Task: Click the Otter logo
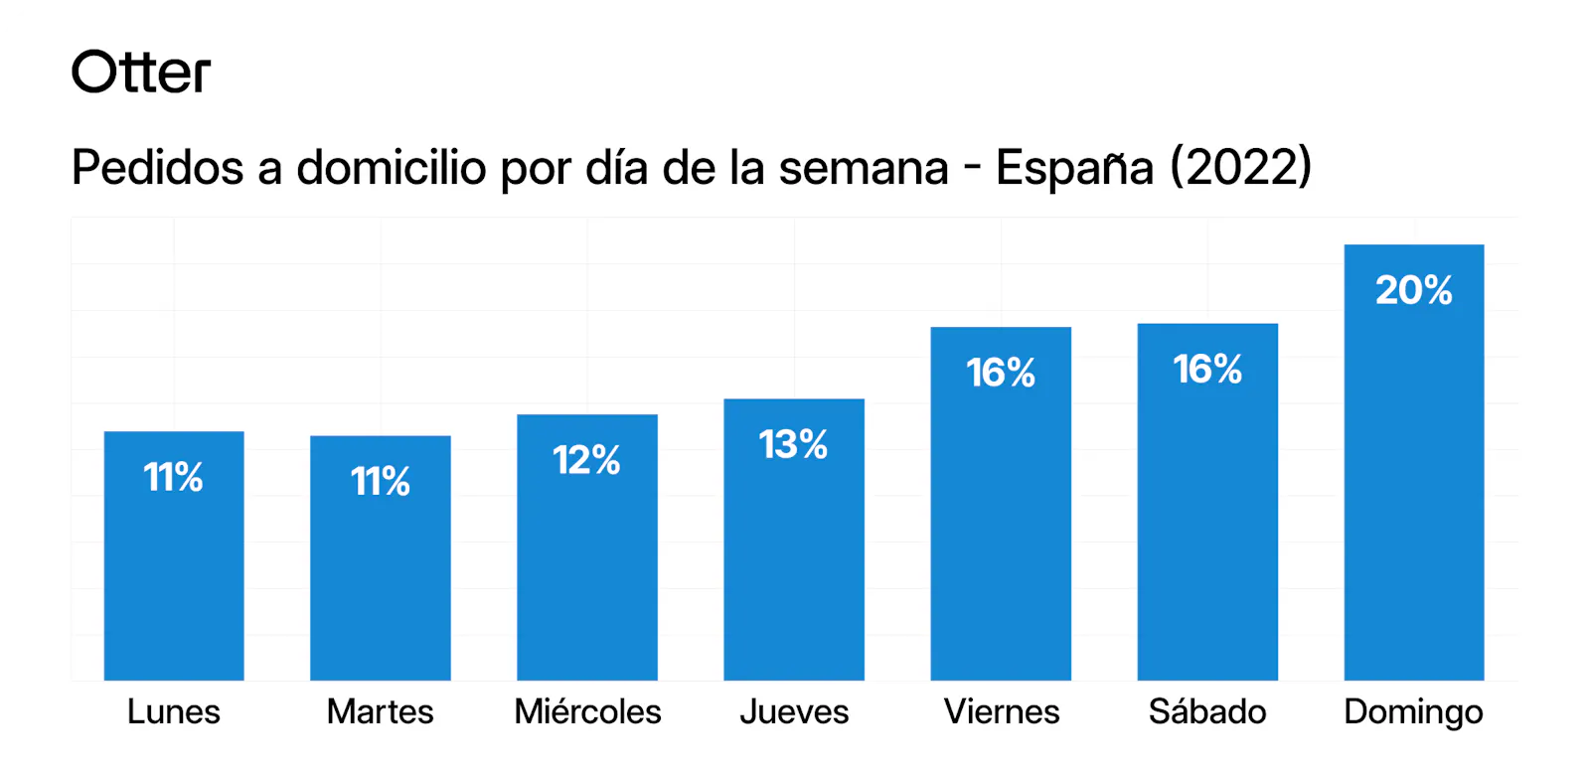[x=141, y=73]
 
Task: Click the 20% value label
[x=1414, y=290]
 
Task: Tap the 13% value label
[x=794, y=444]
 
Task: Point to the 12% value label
[x=587, y=460]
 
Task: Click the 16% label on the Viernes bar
[x=1001, y=373]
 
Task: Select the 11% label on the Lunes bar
[x=174, y=477]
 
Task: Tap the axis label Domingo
[x=1413, y=712]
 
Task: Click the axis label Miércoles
[x=587, y=711]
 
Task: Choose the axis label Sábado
[x=1207, y=711]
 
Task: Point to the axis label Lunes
[x=174, y=711]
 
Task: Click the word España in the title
[x=1074, y=167]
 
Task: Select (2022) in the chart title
[x=1241, y=167]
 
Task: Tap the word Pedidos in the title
[x=157, y=167]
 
